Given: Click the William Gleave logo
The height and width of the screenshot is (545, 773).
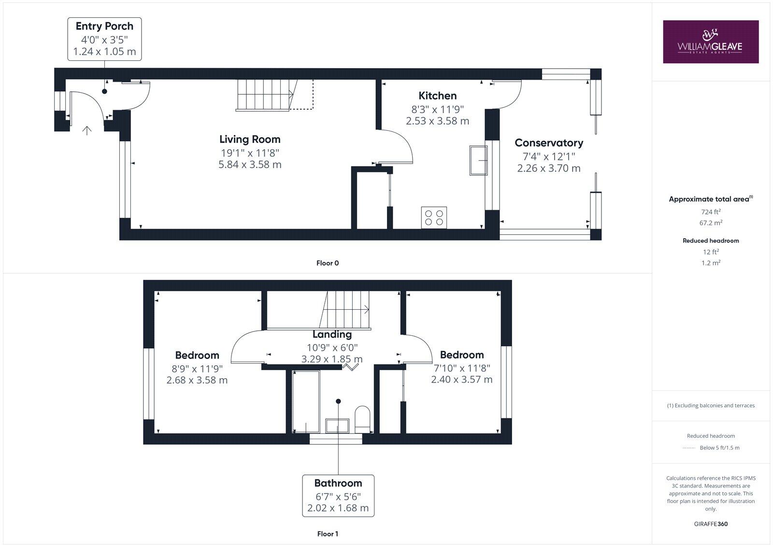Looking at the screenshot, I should pos(710,42).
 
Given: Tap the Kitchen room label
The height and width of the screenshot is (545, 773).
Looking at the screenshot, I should pos(437,96).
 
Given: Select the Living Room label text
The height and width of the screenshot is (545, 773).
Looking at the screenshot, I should pos(250,139).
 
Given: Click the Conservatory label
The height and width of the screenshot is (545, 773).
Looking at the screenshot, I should pos(548,143).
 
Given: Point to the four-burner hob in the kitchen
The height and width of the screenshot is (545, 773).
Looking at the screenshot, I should pos(434,216).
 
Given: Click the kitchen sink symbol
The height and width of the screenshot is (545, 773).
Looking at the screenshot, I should pos(478,160).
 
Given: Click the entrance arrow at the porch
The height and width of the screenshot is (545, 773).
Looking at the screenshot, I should pos(87,130).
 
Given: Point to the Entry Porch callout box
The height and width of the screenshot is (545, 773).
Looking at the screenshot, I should pos(104,39).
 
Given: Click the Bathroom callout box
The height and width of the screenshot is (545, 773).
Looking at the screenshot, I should pos(338,495).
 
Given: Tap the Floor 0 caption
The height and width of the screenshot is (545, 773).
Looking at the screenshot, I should pos(328,263).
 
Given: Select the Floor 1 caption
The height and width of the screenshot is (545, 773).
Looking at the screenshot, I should pos(328,534).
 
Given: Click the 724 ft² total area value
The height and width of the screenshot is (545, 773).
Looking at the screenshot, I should pos(711,212).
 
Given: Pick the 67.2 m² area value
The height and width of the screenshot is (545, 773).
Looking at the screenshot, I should pos(711,223).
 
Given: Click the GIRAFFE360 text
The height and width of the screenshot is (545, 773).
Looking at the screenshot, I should pos(711,524).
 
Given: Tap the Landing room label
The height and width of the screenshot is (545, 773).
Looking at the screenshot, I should pos(332,334).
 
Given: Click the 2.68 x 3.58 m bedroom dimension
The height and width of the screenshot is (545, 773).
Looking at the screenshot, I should pos(197,380).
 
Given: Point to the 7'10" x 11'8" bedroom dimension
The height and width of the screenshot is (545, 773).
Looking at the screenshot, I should pos(461,368).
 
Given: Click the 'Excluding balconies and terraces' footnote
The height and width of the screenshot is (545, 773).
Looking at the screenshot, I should pos(711,405).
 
